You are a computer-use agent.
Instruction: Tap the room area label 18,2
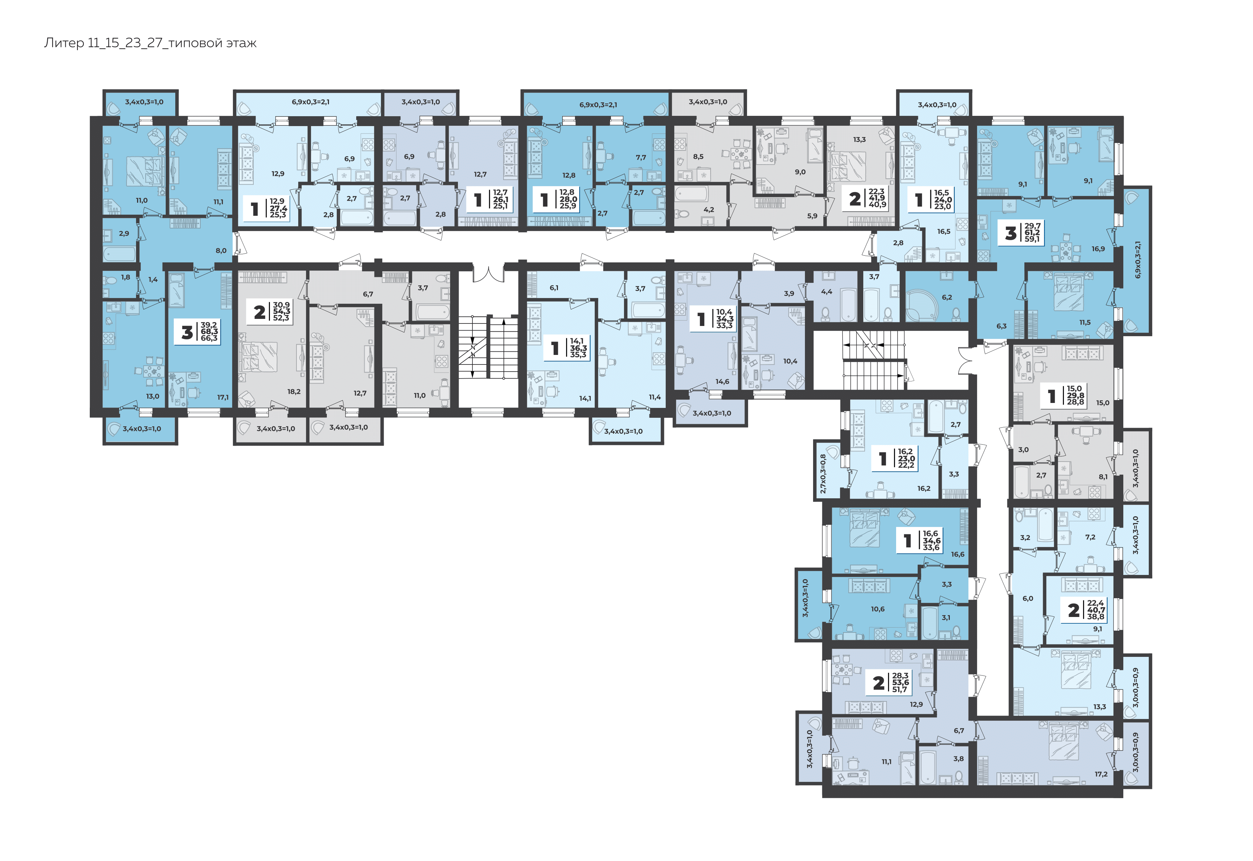(x=294, y=392)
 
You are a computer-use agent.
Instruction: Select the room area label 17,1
(x=223, y=398)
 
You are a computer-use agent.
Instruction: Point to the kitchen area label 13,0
(x=153, y=397)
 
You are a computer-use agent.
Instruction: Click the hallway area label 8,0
(x=221, y=251)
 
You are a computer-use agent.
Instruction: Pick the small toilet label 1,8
(x=126, y=277)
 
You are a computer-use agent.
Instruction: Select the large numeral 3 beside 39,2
(x=187, y=333)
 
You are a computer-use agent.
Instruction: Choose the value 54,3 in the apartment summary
(x=282, y=311)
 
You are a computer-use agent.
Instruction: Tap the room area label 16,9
(x=1098, y=249)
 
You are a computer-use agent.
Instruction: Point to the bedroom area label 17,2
(x=1101, y=774)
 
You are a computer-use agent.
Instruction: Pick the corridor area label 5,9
(x=812, y=216)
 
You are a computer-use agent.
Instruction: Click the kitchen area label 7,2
(x=1090, y=537)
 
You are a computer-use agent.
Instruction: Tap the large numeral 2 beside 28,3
(x=878, y=683)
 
